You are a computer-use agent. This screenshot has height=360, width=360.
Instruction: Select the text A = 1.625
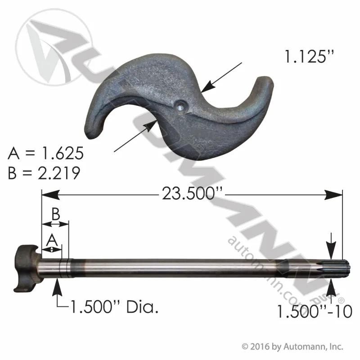point(46,153)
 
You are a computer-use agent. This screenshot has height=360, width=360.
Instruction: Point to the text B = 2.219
point(44,173)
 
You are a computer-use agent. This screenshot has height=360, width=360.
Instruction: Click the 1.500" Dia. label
point(114,307)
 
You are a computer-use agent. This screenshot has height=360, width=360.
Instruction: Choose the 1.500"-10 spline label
point(315,311)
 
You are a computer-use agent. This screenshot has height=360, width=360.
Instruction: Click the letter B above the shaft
point(55,214)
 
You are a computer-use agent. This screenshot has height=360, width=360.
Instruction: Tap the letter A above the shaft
point(52,240)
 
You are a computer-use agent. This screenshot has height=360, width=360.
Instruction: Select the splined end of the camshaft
point(340,268)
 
